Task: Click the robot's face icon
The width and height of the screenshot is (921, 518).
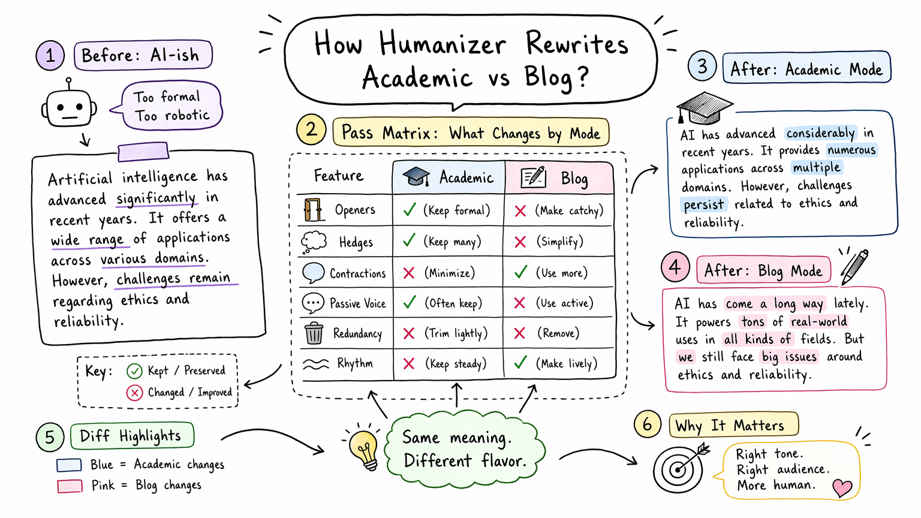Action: pyautogui.click(x=69, y=104)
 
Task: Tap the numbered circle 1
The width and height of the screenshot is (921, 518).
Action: pyautogui.click(x=50, y=56)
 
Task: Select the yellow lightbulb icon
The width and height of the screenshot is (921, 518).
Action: pyautogui.click(x=363, y=448)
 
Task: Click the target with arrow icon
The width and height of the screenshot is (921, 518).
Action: pyautogui.click(x=681, y=468)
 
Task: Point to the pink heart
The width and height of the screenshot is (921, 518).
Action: pyautogui.click(x=842, y=487)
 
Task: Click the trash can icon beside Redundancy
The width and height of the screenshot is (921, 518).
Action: pyautogui.click(x=314, y=333)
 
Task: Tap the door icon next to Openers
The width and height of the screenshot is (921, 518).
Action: pyautogui.click(x=313, y=210)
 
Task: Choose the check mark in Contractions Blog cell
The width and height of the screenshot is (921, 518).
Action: pyautogui.click(x=520, y=272)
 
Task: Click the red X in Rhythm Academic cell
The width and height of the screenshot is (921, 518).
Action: pyautogui.click(x=409, y=363)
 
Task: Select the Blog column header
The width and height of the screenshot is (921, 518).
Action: pyautogui.click(x=559, y=177)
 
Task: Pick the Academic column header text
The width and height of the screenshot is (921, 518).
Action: pyautogui.click(x=466, y=177)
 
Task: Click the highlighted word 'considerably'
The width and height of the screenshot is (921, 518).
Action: pyautogui.click(x=821, y=133)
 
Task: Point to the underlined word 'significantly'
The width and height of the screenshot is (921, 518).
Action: pyautogui.click(x=156, y=198)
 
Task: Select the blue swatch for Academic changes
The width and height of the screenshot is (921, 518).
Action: pyautogui.click(x=69, y=465)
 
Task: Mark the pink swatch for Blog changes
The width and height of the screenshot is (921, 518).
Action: pyautogui.click(x=70, y=486)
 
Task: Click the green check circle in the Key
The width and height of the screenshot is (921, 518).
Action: pyautogui.click(x=134, y=371)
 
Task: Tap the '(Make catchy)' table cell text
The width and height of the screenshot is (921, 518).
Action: pyautogui.click(x=569, y=210)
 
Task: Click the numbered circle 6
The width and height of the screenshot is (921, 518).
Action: pyautogui.click(x=647, y=424)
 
